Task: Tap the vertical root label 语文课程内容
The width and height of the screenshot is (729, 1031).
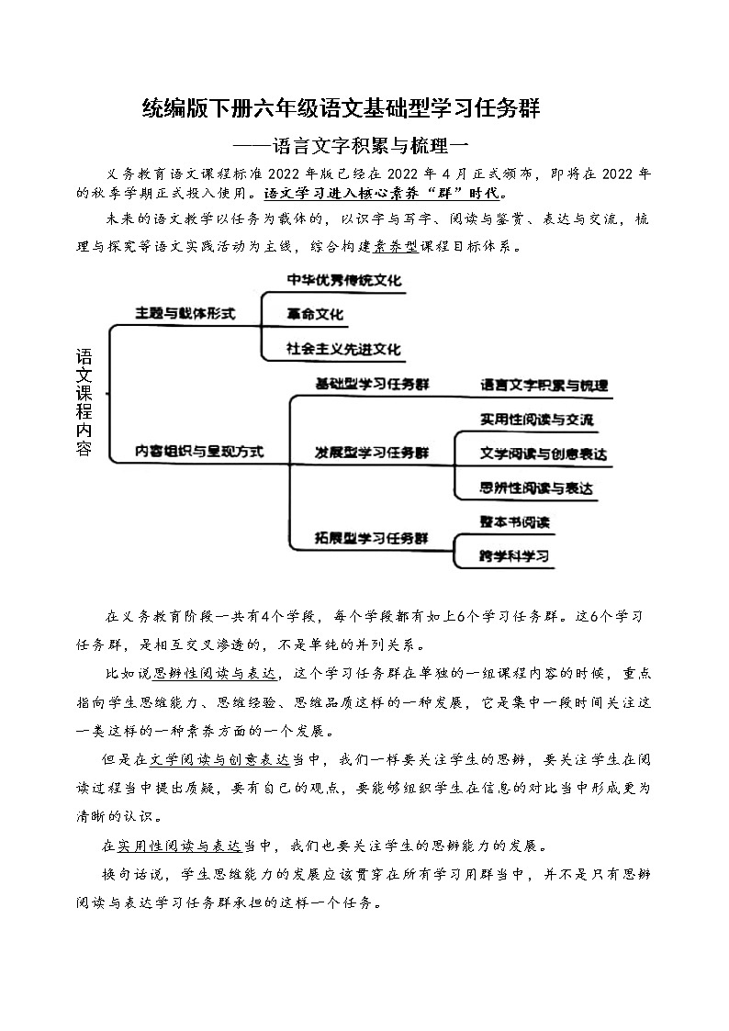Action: (84, 403)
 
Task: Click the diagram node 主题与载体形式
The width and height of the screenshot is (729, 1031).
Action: (185, 314)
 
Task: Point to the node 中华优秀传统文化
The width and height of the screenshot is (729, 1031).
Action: (344, 280)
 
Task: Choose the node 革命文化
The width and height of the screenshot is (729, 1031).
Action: (315, 314)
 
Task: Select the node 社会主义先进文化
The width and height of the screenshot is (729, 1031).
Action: (344, 349)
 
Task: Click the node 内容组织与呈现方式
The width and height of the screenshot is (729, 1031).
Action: (199, 452)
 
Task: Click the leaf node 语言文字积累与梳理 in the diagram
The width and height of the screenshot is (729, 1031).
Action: (544, 386)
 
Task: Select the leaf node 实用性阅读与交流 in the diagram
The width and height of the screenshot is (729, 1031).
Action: (537, 420)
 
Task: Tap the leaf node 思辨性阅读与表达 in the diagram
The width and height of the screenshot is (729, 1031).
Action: (537, 488)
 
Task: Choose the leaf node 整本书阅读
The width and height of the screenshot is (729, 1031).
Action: (514, 521)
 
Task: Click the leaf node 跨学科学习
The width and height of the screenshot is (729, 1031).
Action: (514, 556)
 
